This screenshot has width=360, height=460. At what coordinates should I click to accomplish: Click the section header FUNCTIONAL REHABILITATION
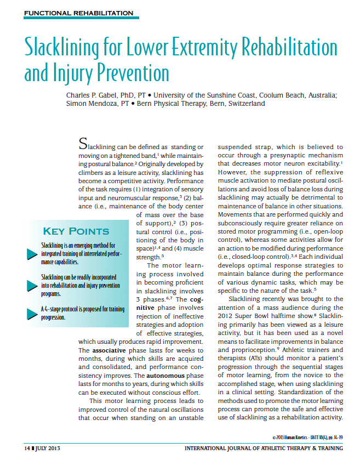(79, 13)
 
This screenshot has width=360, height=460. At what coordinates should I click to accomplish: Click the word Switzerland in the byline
(245, 103)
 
